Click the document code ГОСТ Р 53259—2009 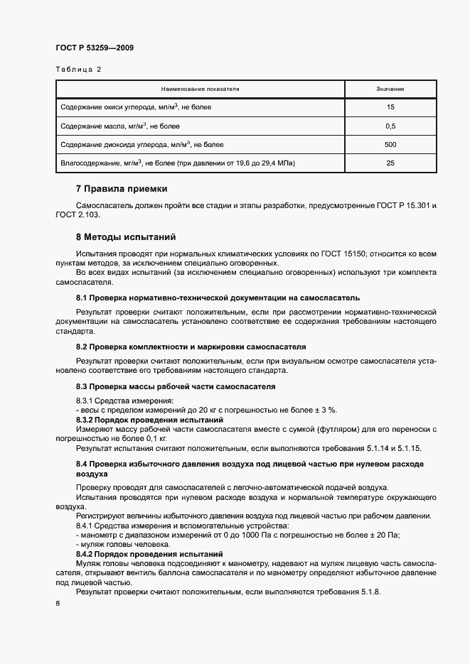[95, 48]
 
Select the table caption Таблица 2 [78, 70]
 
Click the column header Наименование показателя [200, 89]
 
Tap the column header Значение [390, 89]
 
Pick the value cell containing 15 [390, 107]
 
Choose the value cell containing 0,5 [390, 126]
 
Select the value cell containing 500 [390, 144]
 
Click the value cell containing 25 [390, 163]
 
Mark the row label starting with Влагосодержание [178, 163]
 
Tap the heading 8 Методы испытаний [125, 236]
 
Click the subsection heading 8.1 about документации [218, 298]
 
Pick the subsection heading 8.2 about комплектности [191, 347]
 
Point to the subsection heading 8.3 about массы [176, 386]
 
